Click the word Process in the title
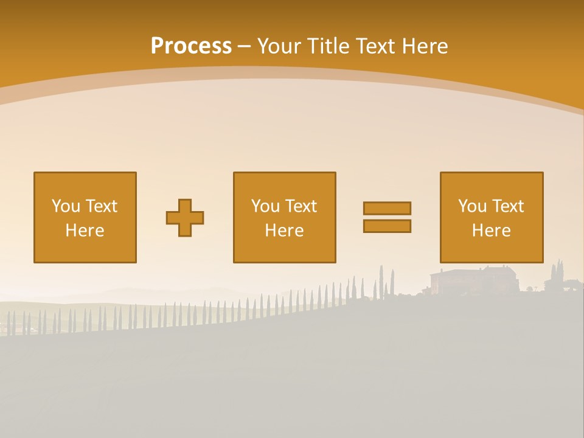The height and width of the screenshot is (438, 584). (x=191, y=46)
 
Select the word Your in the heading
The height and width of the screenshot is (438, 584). (x=279, y=46)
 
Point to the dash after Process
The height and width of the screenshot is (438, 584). (x=244, y=46)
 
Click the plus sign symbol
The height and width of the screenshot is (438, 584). (x=185, y=218)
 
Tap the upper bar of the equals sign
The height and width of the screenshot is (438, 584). (x=387, y=208)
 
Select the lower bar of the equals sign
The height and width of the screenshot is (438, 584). (x=387, y=226)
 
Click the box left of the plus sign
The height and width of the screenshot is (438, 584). (x=85, y=217)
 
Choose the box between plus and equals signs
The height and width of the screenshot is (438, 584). (x=284, y=217)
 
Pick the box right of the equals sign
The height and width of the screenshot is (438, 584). (x=491, y=217)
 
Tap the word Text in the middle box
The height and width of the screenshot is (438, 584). (x=301, y=206)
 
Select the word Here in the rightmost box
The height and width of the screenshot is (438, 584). (x=491, y=231)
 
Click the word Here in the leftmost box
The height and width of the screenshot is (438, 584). (x=85, y=231)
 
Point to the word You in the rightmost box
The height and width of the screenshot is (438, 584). (x=472, y=206)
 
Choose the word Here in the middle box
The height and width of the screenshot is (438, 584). (x=284, y=231)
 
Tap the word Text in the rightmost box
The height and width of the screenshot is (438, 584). (x=508, y=206)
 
